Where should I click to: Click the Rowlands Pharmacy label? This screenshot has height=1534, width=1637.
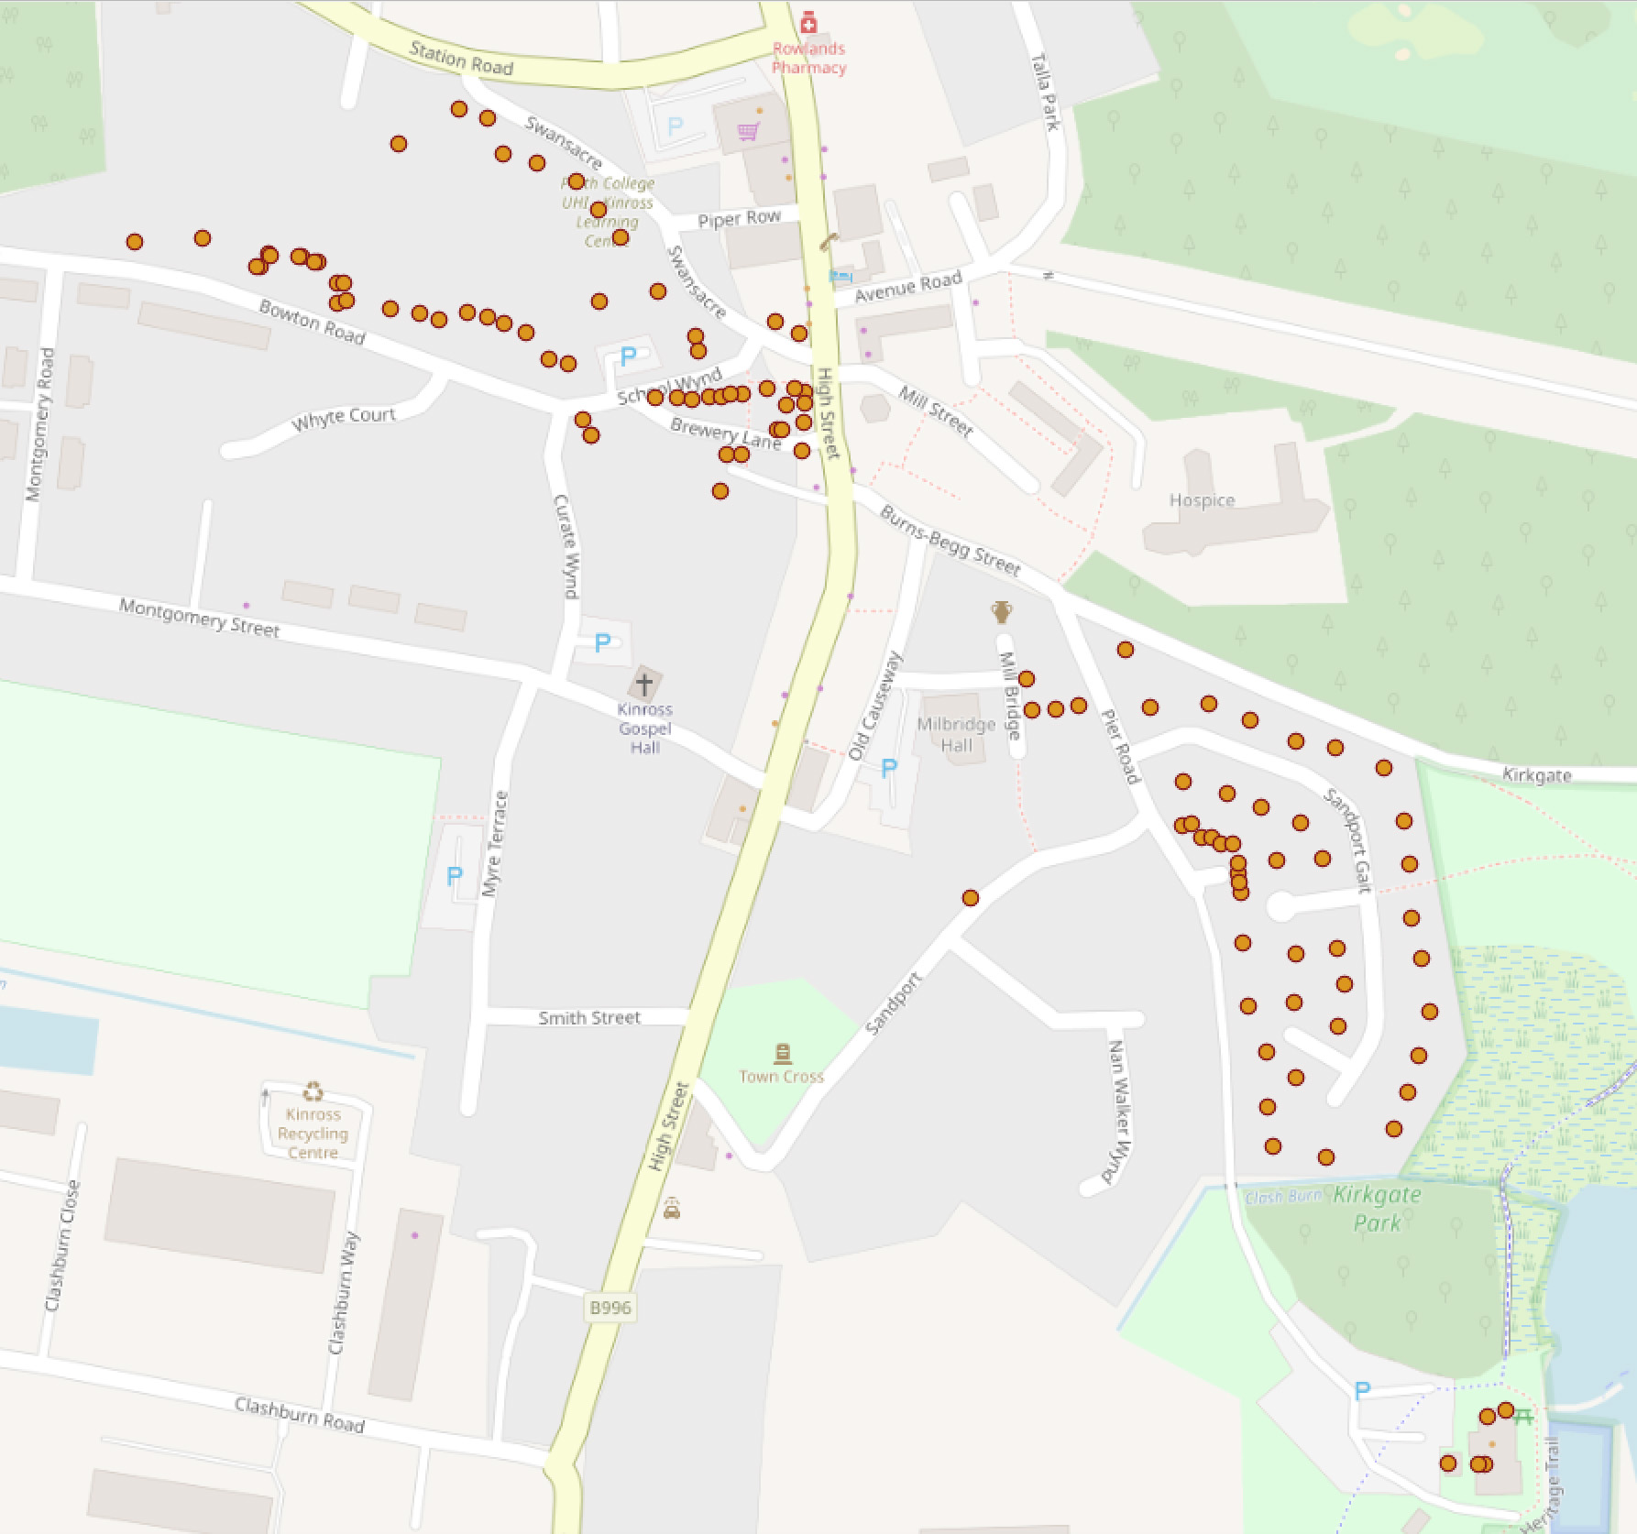pyautogui.click(x=808, y=58)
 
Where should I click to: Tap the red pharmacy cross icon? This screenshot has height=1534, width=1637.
pyautogui.click(x=808, y=21)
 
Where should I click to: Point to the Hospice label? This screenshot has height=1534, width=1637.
pyautogui.click(x=1202, y=500)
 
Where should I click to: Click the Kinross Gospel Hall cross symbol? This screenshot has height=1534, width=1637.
pyautogui.click(x=644, y=684)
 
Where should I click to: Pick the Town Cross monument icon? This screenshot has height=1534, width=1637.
pyautogui.click(x=782, y=1053)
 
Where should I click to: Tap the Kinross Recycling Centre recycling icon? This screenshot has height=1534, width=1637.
pyautogui.click(x=313, y=1090)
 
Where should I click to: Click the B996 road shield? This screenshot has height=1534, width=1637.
pyautogui.click(x=610, y=1307)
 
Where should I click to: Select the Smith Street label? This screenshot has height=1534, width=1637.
pyautogui.click(x=589, y=1017)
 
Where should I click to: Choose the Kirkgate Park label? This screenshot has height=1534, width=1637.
pyautogui.click(x=1378, y=1209)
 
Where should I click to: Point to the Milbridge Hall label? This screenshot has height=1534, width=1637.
pyautogui.click(x=956, y=734)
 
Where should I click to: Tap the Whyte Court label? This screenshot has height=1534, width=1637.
pyautogui.click(x=343, y=419)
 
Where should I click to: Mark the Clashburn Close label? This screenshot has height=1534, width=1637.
pyautogui.click(x=61, y=1245)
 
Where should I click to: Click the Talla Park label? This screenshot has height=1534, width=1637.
pyautogui.click(x=1045, y=92)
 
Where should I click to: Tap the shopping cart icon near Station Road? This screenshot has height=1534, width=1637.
pyautogui.click(x=748, y=132)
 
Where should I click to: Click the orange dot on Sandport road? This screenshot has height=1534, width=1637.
pyautogui.click(x=970, y=898)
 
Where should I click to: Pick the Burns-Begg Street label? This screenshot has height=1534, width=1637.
pyautogui.click(x=950, y=541)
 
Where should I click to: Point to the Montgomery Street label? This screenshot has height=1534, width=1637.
pyautogui.click(x=199, y=618)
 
